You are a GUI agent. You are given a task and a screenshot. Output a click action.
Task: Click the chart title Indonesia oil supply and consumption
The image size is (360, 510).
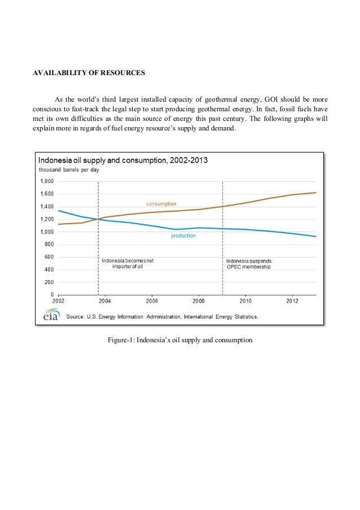(x=122, y=160)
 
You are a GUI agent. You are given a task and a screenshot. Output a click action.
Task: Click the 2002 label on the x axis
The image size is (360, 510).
(x=58, y=301)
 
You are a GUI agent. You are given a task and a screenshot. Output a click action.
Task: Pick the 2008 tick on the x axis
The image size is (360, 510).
(x=198, y=301)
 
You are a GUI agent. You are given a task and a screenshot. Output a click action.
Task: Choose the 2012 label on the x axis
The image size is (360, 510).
(x=292, y=301)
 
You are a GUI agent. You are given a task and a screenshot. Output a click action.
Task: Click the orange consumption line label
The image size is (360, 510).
(x=161, y=203)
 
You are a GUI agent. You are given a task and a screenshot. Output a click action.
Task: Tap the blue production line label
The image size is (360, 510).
(x=184, y=236)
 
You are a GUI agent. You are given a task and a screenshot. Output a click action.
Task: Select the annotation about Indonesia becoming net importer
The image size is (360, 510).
(x=126, y=264)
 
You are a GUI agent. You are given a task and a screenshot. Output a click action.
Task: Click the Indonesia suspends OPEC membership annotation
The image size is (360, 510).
(x=249, y=264)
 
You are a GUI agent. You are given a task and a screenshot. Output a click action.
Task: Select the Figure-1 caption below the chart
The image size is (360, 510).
(x=180, y=340)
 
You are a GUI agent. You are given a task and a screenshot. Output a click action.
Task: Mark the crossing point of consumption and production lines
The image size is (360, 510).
(x=98, y=219)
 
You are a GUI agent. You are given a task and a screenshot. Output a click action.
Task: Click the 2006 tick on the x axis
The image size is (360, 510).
(x=151, y=301)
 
